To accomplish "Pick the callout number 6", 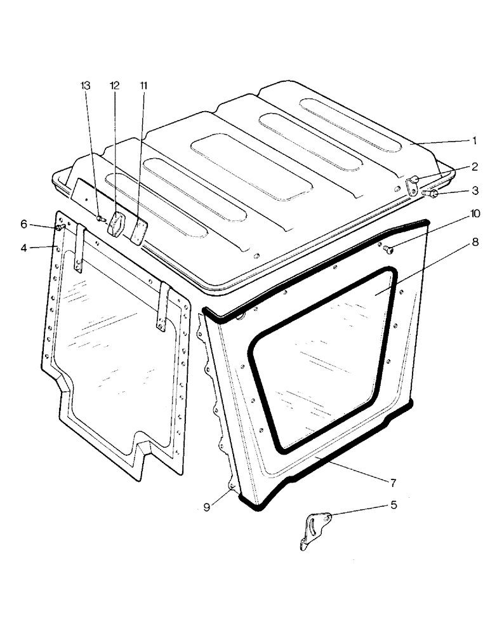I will pyautogui.click(x=42, y=224).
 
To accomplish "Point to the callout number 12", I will pyautogui.click(x=114, y=85).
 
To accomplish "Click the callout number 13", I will pyautogui.click(x=86, y=85).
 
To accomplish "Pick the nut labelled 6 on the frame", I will pyautogui.click(x=59, y=227).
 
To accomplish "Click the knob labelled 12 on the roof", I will pyautogui.click(x=117, y=224).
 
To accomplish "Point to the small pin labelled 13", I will pyautogui.click(x=100, y=219).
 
